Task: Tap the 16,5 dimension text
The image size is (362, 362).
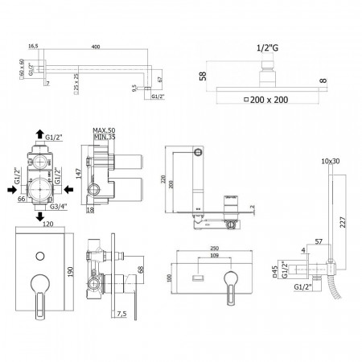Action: pyautogui.click(x=33, y=47)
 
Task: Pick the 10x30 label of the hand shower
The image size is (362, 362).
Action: pyautogui.click(x=330, y=162)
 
